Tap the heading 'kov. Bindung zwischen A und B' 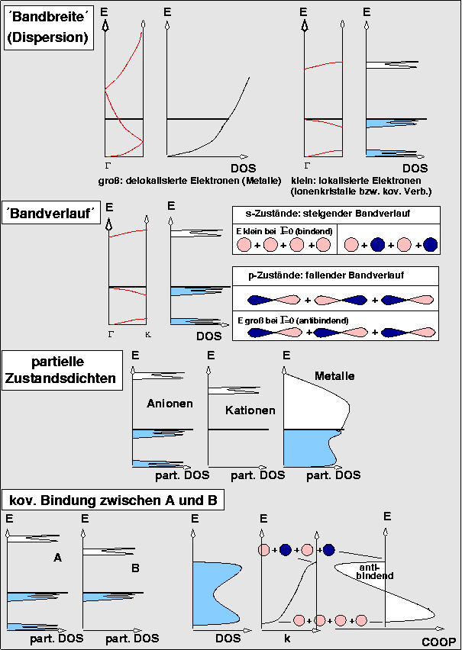[x=114, y=500]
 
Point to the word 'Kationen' [x=250, y=410]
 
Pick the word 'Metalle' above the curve [x=334, y=376]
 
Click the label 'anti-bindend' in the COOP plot [x=375, y=571]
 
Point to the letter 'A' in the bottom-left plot [x=57, y=558]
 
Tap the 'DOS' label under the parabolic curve [x=242, y=168]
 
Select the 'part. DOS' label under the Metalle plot [x=333, y=475]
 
